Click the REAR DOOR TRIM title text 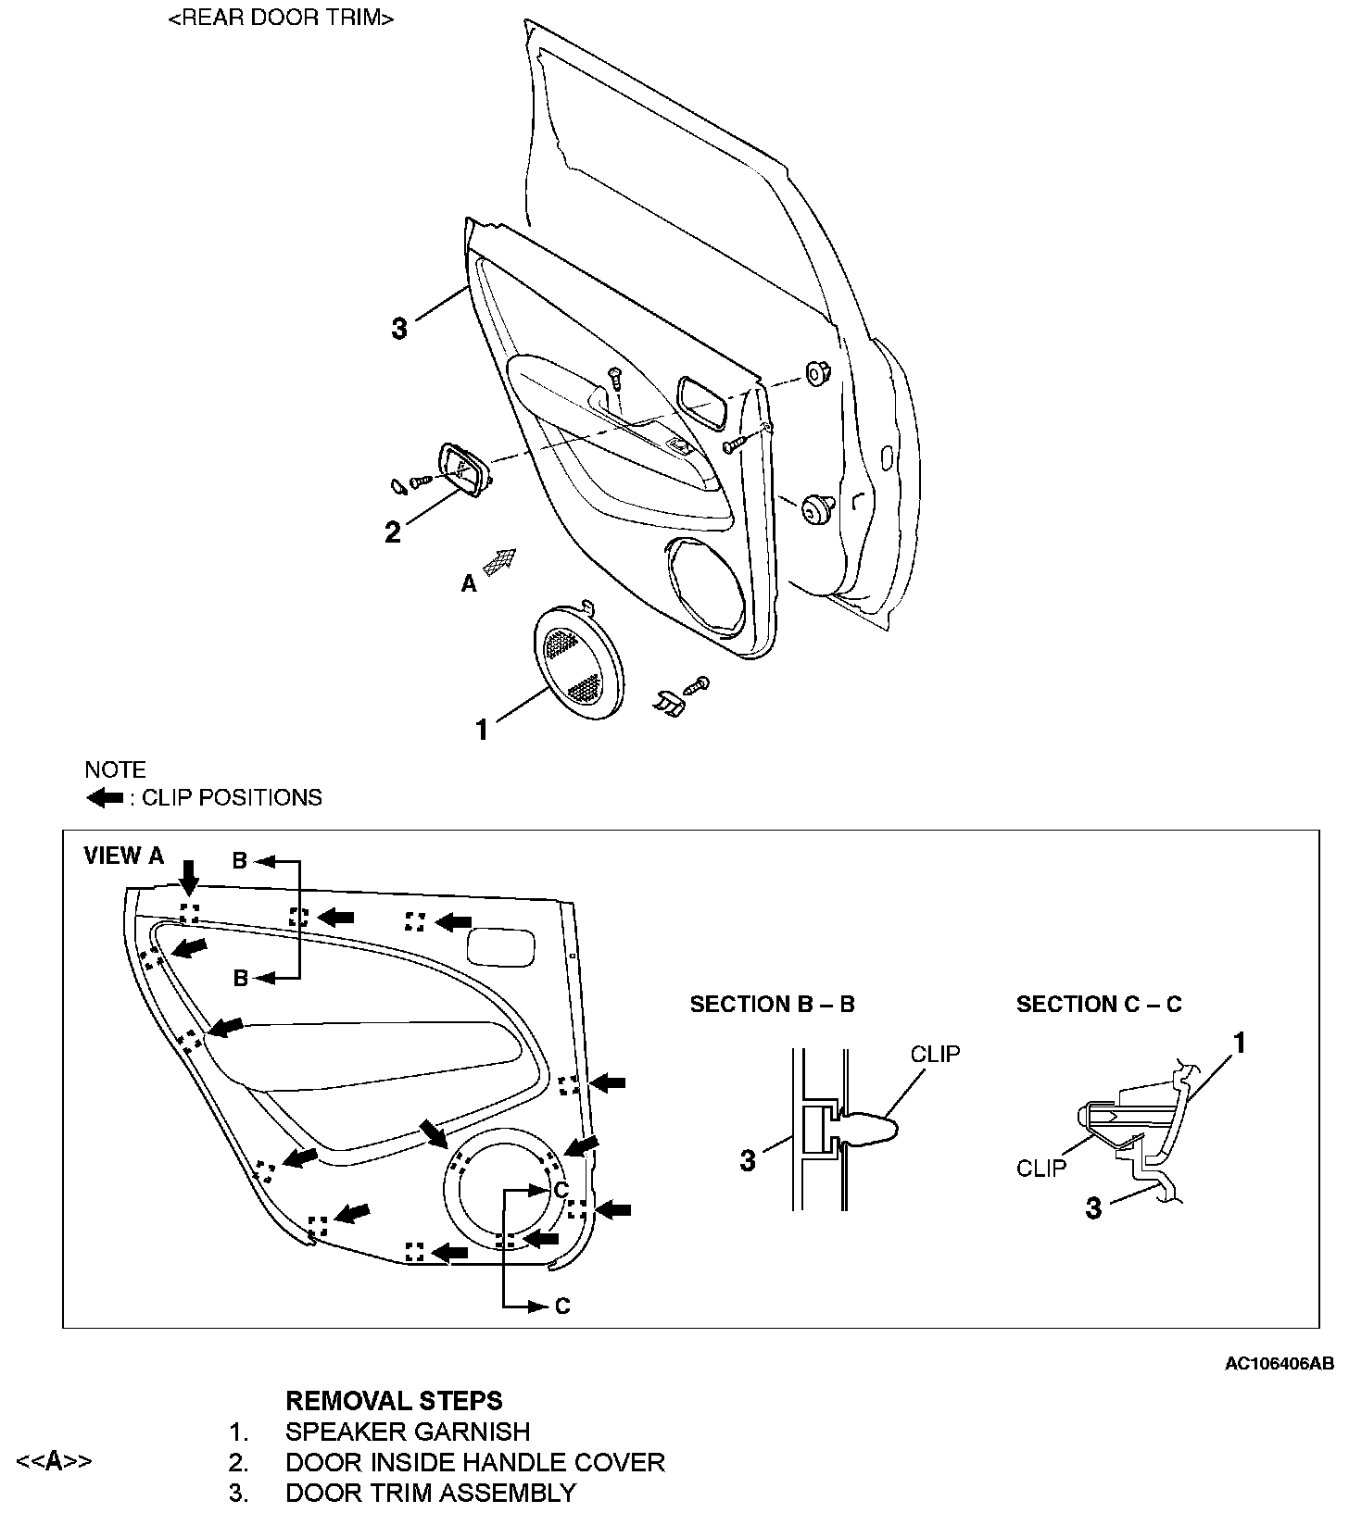pyautogui.click(x=282, y=19)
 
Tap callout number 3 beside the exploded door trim pyautogui.click(x=399, y=329)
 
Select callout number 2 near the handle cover pyautogui.click(x=393, y=532)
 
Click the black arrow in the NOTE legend pyautogui.click(x=105, y=798)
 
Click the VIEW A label pyautogui.click(x=123, y=856)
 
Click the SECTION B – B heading pyautogui.click(x=772, y=1005)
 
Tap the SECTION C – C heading pyautogui.click(x=1099, y=1005)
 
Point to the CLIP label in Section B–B pyautogui.click(x=935, y=1054)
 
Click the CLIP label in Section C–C pyautogui.click(x=1041, y=1169)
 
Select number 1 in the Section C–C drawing pyautogui.click(x=1239, y=1044)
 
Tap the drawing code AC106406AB pyautogui.click(x=1280, y=1364)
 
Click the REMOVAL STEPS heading pyautogui.click(x=394, y=1400)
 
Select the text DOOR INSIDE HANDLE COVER pyautogui.click(x=475, y=1462)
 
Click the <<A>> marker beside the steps pyautogui.click(x=55, y=1462)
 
